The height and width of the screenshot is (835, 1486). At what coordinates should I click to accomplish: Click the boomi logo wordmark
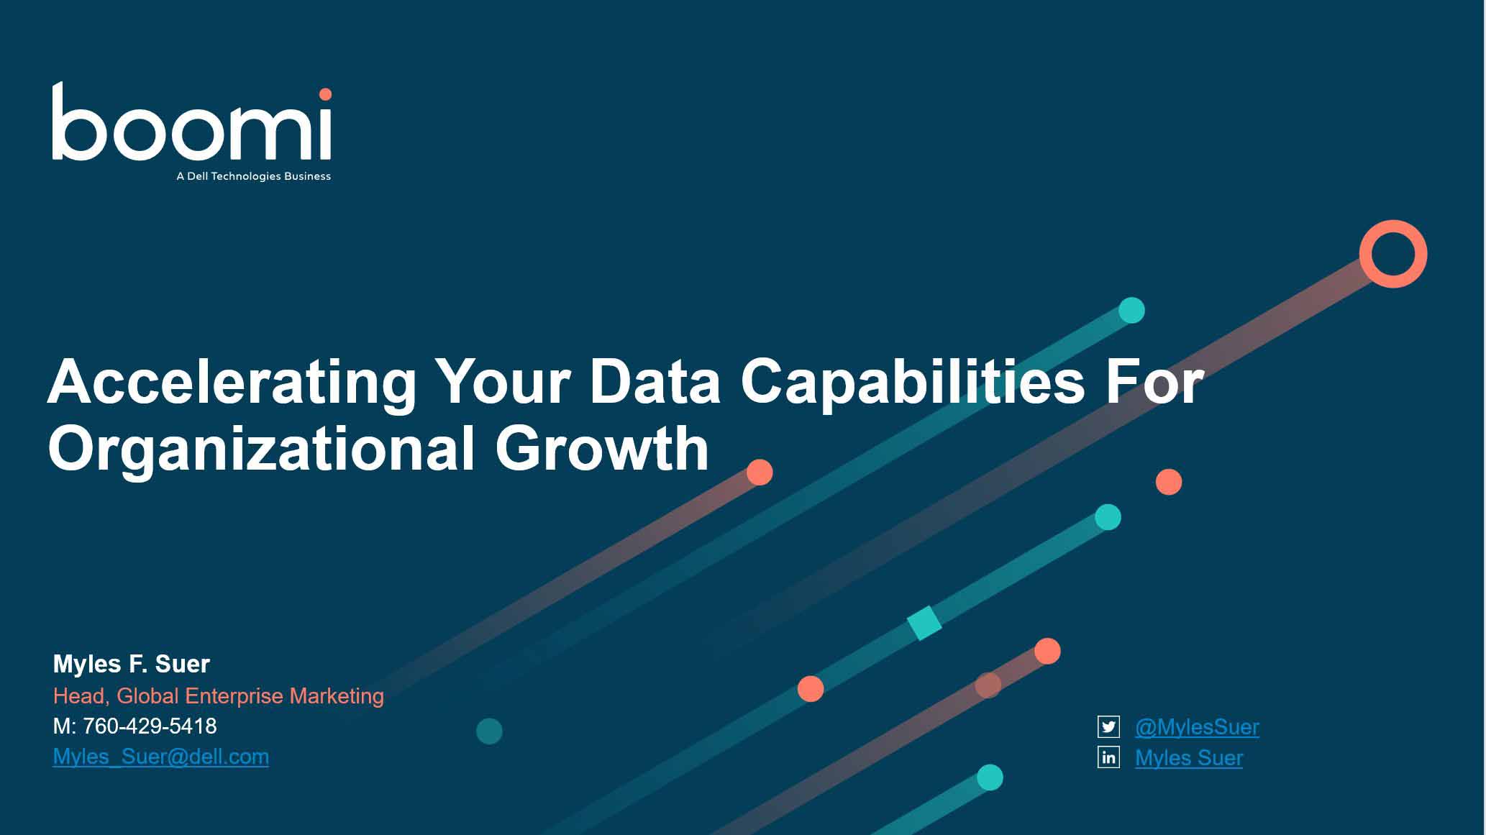(x=191, y=122)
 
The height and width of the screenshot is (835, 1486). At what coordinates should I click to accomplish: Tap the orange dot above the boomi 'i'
(x=325, y=94)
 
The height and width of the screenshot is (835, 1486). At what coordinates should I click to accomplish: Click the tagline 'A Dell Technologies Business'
(x=254, y=176)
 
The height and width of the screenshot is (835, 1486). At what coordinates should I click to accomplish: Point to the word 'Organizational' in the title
(x=262, y=450)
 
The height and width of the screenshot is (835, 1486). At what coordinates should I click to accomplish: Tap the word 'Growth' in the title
(x=602, y=448)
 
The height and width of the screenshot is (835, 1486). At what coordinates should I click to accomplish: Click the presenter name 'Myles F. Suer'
(x=132, y=664)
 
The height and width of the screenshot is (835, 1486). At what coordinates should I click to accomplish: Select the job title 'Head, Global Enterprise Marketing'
(x=219, y=696)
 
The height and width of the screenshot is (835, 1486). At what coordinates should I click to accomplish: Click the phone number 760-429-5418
(x=150, y=726)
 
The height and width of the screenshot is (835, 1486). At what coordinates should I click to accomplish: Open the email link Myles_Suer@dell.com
(x=161, y=757)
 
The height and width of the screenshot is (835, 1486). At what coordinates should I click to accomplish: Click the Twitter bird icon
(x=1108, y=727)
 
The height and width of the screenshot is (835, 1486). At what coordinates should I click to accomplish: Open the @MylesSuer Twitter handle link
(x=1197, y=727)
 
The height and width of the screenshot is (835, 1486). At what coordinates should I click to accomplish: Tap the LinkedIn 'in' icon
(x=1108, y=757)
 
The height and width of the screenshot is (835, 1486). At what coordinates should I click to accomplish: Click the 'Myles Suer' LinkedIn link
(x=1189, y=758)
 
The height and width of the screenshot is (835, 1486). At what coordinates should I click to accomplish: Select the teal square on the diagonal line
(x=924, y=623)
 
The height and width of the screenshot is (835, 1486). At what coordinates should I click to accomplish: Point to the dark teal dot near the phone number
(x=489, y=731)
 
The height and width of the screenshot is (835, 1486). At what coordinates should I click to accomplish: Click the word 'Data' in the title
(x=655, y=382)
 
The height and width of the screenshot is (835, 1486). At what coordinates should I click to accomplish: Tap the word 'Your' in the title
(x=503, y=382)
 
